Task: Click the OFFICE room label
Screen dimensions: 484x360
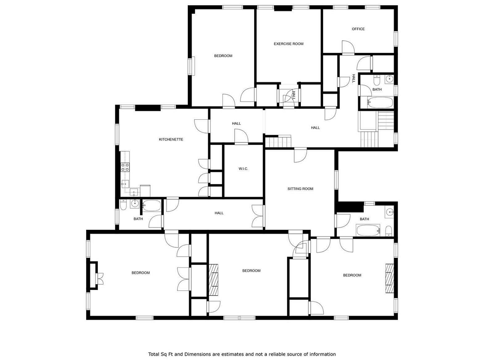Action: coord(358,29)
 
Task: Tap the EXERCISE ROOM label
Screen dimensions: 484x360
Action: coord(289,44)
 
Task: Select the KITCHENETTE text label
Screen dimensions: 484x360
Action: coord(171,140)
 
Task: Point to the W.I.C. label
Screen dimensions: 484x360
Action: coord(243,169)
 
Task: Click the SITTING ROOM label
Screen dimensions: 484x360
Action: coord(300,189)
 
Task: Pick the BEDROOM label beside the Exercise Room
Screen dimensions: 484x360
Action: coord(223,56)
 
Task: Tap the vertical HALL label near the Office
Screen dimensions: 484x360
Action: coord(354,79)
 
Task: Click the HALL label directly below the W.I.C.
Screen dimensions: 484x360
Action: coord(219,213)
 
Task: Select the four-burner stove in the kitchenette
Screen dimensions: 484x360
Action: coord(125,167)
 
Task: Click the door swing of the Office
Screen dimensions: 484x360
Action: coord(348,47)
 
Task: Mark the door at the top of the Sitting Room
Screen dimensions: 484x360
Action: coord(300,155)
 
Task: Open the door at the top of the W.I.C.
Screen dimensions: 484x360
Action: coord(241,136)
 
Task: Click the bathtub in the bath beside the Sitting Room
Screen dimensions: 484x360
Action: coord(368,230)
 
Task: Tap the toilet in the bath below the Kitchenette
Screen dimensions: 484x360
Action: coord(123,205)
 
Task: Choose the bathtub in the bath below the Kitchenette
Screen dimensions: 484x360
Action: coord(151,206)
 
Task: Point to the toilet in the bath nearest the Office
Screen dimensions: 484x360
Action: coord(377,80)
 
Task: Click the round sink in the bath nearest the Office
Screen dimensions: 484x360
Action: coord(389,79)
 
